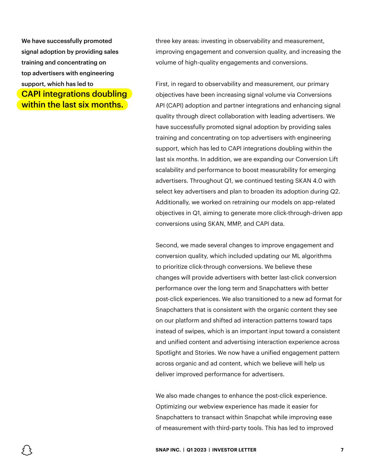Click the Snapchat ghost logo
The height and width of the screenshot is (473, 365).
pyautogui.click(x=27, y=450)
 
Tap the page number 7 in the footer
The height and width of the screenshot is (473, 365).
pyautogui.click(x=342, y=450)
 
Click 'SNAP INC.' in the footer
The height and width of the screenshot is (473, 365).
pyautogui.click(x=168, y=450)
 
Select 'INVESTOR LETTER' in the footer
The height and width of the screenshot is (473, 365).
pyautogui.click(x=234, y=450)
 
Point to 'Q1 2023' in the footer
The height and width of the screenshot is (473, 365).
pyautogui.click(x=196, y=450)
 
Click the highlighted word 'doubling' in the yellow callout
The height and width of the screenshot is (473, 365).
pyautogui.click(x=110, y=94)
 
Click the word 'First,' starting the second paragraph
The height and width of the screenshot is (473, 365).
pyautogui.click(x=162, y=84)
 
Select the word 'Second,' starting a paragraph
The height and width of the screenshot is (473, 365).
pyautogui.click(x=167, y=245)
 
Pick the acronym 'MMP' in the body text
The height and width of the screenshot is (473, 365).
pyautogui.click(x=234, y=224)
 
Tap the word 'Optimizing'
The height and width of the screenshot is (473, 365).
pyautogui.click(x=171, y=406)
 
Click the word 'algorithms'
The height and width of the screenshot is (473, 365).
pyautogui.click(x=316, y=256)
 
